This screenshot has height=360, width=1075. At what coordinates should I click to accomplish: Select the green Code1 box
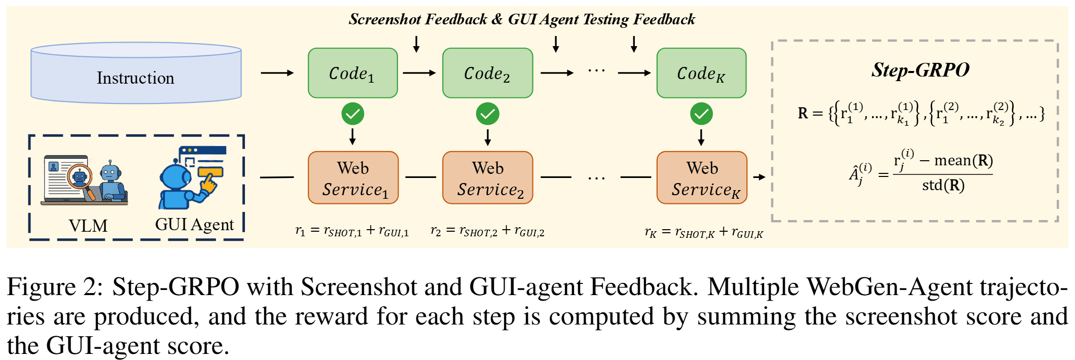click(x=353, y=73)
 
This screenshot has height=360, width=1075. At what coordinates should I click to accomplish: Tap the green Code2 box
click(x=487, y=73)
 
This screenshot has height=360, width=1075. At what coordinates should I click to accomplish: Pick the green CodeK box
click(x=701, y=73)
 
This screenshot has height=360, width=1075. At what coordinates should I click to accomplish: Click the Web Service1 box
click(x=353, y=178)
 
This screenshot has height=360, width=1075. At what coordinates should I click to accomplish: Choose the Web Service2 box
click(x=487, y=178)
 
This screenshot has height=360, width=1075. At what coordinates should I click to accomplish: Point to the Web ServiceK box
click(x=702, y=178)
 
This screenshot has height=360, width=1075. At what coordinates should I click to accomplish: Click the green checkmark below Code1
click(x=353, y=114)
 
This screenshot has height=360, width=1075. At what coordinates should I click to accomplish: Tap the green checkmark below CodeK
click(x=701, y=114)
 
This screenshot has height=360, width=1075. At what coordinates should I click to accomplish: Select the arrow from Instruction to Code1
click(x=277, y=73)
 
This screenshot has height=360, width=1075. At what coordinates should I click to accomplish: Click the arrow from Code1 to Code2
click(x=419, y=73)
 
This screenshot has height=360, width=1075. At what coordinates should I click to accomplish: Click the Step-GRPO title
click(x=920, y=70)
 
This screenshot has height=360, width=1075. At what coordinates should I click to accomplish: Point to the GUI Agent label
click(x=194, y=225)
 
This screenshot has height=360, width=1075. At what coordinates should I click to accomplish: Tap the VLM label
click(x=88, y=226)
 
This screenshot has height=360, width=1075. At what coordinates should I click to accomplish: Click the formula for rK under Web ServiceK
click(x=703, y=233)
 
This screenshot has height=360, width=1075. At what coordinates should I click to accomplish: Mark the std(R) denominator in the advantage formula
click(x=943, y=186)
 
